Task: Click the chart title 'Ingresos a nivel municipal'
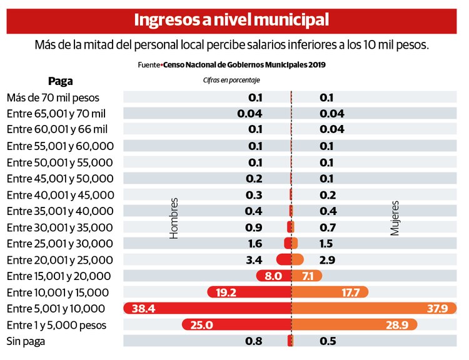coord(231,19)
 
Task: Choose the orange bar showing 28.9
coord(354,324)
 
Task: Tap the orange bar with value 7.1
coord(307,276)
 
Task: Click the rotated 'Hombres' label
coord(174,218)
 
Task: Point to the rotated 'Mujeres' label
coord(395,218)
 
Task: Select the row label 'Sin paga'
coord(26,341)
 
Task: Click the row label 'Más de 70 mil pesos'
coord(53,97)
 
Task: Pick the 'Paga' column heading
coord(61,81)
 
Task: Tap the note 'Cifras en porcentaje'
coord(231,80)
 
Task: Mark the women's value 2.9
coord(327,259)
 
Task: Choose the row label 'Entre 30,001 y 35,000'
coord(60,227)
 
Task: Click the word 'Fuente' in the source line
coord(149,64)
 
